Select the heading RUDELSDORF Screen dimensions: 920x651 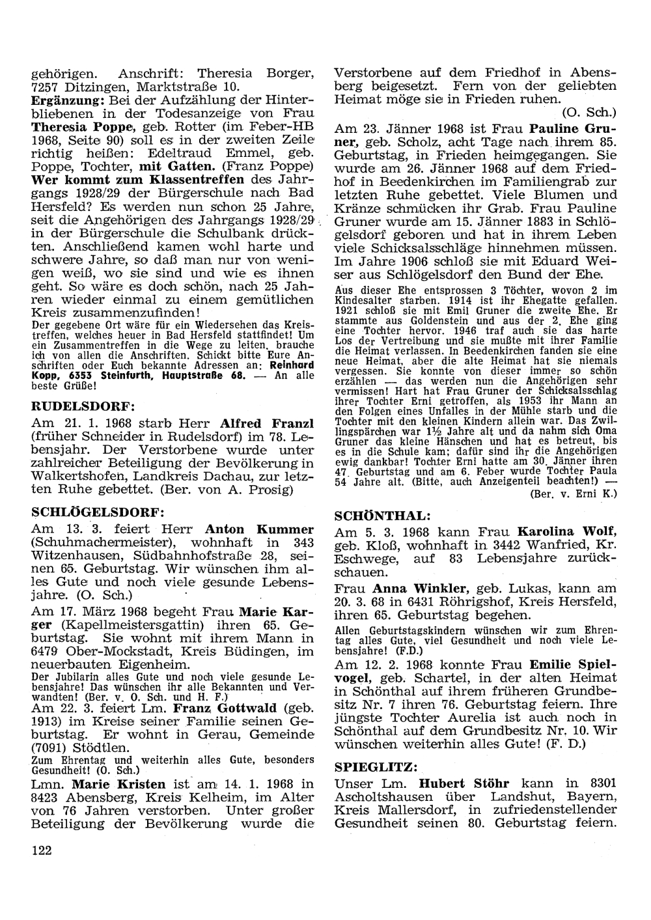click(83, 406)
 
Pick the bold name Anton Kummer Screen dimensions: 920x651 click(259, 529)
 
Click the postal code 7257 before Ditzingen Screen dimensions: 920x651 click(46, 86)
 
